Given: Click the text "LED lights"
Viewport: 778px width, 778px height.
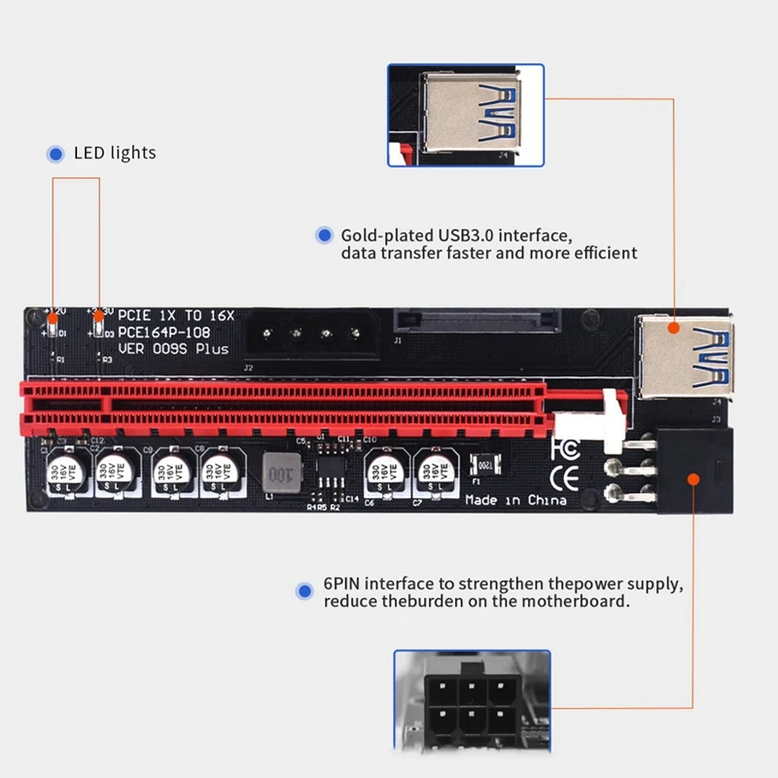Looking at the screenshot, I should point(115,153).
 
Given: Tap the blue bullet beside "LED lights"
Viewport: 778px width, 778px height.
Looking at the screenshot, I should point(54,153).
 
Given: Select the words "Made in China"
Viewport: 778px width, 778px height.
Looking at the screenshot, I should point(515,501).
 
